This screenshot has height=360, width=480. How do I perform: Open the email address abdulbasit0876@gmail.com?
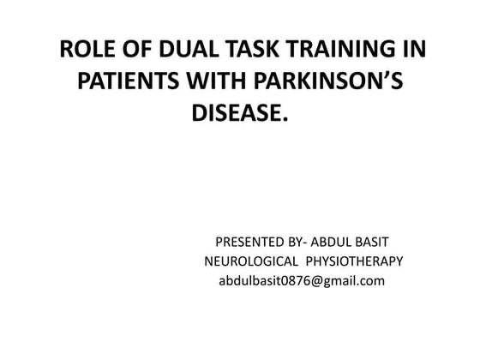pos(302,281)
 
